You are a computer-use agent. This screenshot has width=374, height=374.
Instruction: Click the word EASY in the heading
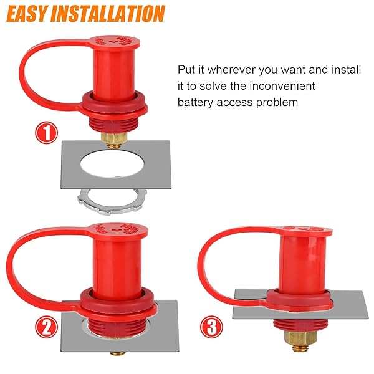click(x=26, y=14)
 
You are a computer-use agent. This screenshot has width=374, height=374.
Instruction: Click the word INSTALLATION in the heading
click(x=108, y=14)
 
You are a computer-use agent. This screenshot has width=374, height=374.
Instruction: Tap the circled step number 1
click(x=47, y=133)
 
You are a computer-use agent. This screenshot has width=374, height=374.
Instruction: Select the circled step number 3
click(x=211, y=327)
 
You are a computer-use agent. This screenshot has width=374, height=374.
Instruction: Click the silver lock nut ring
click(x=112, y=202)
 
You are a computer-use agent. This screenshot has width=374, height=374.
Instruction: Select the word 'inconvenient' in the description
click(x=282, y=86)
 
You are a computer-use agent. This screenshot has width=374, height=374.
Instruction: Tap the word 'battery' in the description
click(x=195, y=103)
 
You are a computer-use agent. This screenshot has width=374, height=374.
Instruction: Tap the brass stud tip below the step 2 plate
click(x=117, y=353)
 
